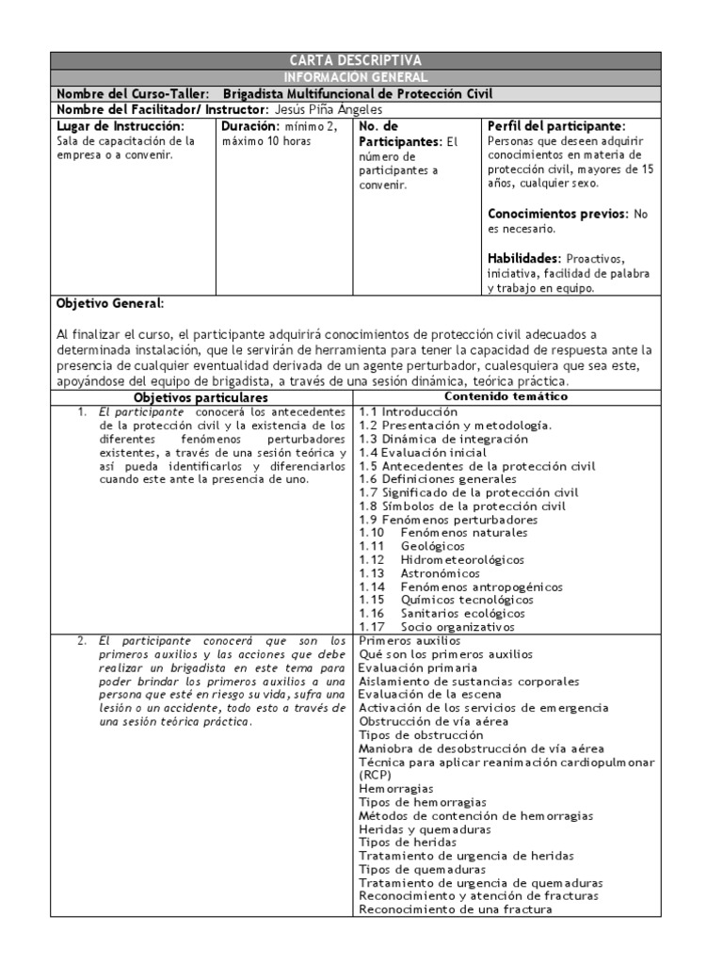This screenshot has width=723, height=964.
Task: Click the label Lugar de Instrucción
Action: pyautogui.click(x=120, y=125)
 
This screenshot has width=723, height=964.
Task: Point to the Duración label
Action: pyautogui.click(x=249, y=125)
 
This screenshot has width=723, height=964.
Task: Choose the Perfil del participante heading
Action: pyautogui.click(x=556, y=125)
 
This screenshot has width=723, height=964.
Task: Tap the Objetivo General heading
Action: pyautogui.click(x=110, y=304)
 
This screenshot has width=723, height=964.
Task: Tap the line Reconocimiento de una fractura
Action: pyautogui.click(x=454, y=909)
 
